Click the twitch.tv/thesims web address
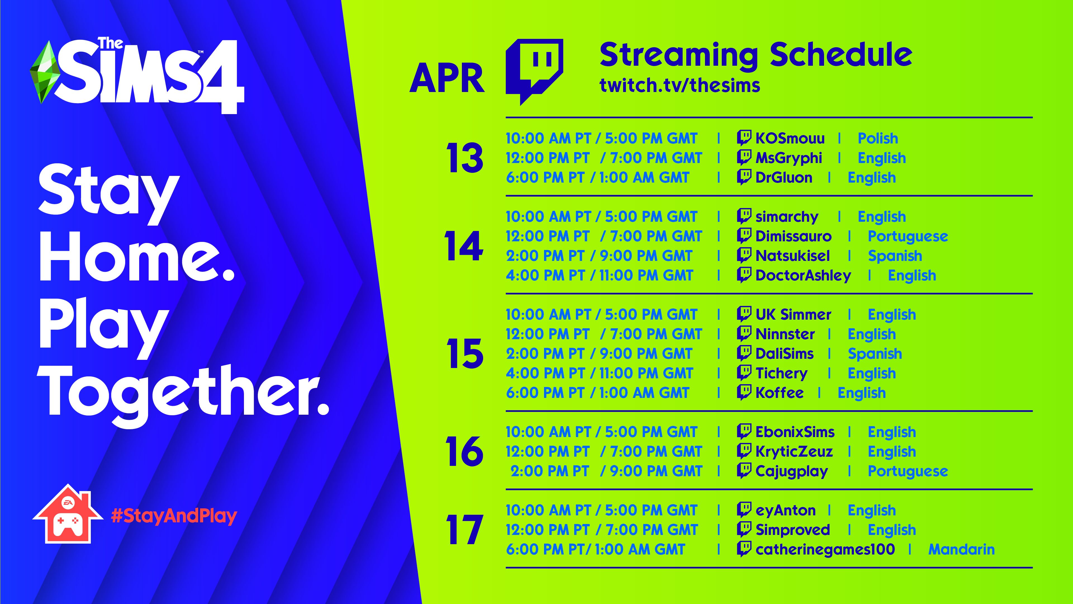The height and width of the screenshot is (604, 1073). (x=680, y=85)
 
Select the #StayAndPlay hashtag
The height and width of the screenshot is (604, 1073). (x=174, y=516)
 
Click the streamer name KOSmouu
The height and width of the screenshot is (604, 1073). (x=790, y=138)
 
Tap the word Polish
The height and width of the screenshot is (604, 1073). (x=878, y=138)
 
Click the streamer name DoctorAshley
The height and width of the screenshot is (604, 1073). (x=803, y=275)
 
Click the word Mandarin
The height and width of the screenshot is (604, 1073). (x=961, y=549)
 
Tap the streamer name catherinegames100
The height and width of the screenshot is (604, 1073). (x=825, y=550)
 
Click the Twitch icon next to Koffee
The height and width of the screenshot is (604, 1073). (x=744, y=392)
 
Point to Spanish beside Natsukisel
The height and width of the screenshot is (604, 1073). (x=895, y=256)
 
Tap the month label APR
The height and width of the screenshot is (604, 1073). (x=447, y=79)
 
